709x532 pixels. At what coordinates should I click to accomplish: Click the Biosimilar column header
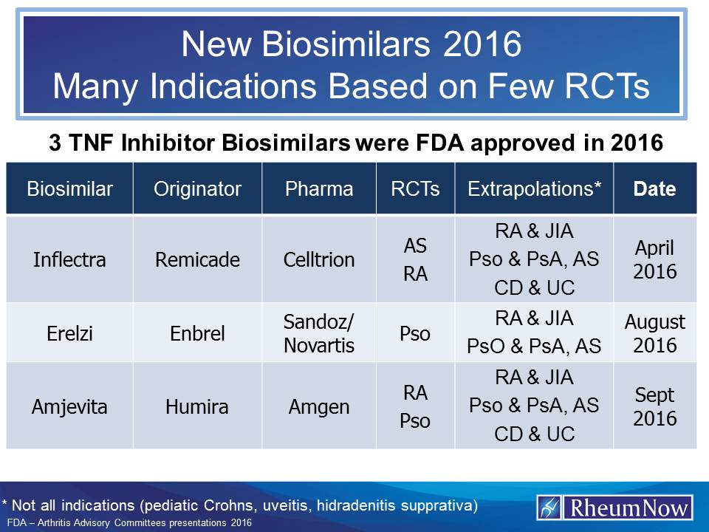(69, 188)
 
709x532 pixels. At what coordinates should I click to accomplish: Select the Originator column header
(197, 188)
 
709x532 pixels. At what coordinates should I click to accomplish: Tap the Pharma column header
(318, 188)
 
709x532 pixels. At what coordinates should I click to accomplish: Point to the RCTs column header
(415, 188)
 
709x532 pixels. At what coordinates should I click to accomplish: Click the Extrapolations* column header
(533, 188)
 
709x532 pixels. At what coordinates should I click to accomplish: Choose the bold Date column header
(655, 188)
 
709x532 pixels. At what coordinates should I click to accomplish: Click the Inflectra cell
(69, 259)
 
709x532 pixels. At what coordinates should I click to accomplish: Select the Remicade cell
(197, 259)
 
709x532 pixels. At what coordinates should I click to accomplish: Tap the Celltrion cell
(318, 259)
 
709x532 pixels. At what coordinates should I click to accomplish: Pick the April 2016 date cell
(655, 259)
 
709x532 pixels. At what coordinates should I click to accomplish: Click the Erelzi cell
(69, 332)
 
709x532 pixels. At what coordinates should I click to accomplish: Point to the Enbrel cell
(197, 332)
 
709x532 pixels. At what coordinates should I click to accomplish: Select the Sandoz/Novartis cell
(318, 332)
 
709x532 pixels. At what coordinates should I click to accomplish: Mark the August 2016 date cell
(655, 333)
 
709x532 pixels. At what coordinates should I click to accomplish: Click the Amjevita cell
(69, 406)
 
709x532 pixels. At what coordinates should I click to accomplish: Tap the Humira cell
(197, 406)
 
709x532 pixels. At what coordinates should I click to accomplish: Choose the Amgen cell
(318, 406)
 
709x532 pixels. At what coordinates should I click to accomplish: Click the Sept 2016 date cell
(655, 406)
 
